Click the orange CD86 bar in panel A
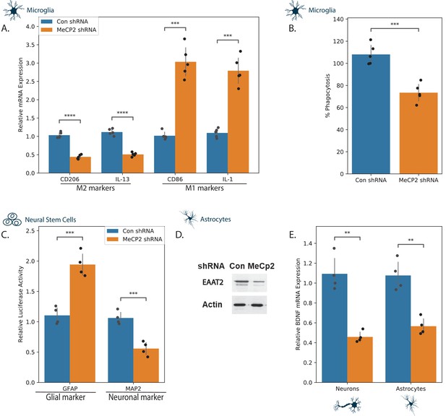coord(186,117)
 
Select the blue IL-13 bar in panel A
coord(112,152)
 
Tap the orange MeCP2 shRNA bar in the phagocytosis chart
coord(419,134)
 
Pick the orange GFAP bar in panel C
coord(82,324)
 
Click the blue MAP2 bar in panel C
coord(121,350)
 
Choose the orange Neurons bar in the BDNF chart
coord(360,360)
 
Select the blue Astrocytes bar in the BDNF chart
coord(398,329)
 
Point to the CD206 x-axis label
coord(69,179)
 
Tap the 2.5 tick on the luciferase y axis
coord(30,230)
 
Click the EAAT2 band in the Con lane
coord(241,282)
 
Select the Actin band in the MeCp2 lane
coord(257,305)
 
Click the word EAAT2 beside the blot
coord(213,282)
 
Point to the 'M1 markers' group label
coord(205,188)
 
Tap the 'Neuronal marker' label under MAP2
coord(136,397)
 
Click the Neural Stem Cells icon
coord(12,220)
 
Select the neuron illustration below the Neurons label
coord(347,405)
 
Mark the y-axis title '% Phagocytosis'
coord(327,96)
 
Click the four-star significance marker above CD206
coord(69,116)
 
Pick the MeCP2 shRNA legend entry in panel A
coord(69,30)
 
